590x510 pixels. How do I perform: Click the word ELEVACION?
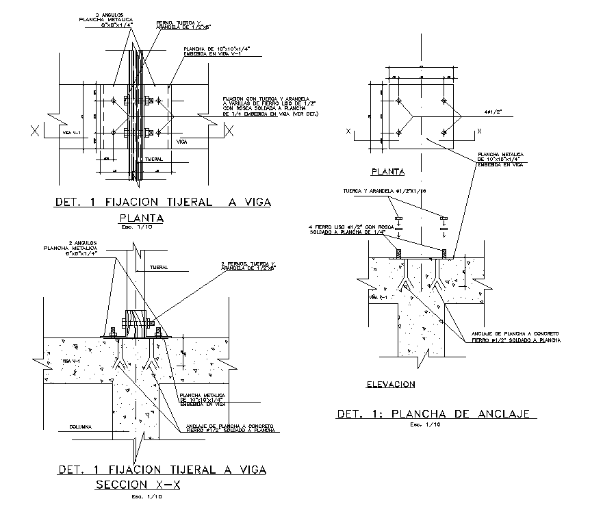coord(390,385)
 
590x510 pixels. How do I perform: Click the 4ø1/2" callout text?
coord(494,110)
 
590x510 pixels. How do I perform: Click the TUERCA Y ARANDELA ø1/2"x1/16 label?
coord(385,191)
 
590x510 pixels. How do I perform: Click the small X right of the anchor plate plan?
coord(479,130)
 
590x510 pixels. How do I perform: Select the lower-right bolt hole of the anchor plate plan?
coord(444,130)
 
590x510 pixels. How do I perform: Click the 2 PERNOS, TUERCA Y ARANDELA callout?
coord(248,266)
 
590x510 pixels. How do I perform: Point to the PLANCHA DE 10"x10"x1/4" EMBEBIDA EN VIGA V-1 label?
coord(208,52)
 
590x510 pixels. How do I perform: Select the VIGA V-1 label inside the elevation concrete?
coord(379,298)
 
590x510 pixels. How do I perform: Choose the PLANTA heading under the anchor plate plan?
coord(387,171)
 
